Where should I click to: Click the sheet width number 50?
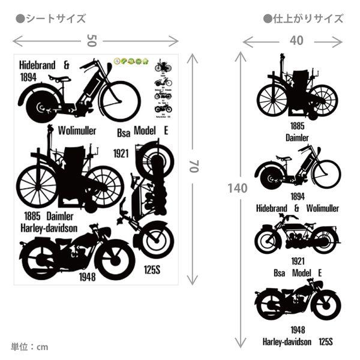pyautogui.click(x=91, y=40)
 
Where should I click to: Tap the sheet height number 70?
pyautogui.click(x=193, y=166)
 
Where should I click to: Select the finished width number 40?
pyautogui.click(x=296, y=40)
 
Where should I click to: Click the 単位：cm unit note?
pyautogui.click(x=29, y=347)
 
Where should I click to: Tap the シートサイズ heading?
pyautogui.click(x=50, y=19)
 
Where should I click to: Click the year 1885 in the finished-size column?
pyautogui.click(x=297, y=126)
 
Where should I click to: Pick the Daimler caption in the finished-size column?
pyautogui.click(x=297, y=137)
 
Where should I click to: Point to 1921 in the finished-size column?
pyautogui.click(x=297, y=261)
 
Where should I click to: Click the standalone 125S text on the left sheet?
pyautogui.click(x=151, y=269)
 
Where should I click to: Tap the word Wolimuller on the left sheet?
pyautogui.click(x=77, y=130)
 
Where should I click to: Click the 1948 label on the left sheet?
pyautogui.click(x=87, y=277)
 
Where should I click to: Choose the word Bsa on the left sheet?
pyautogui.click(x=122, y=131)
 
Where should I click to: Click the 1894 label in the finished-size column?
pyautogui.click(x=297, y=196)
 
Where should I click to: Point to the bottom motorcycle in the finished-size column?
pyautogui.click(x=297, y=303)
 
